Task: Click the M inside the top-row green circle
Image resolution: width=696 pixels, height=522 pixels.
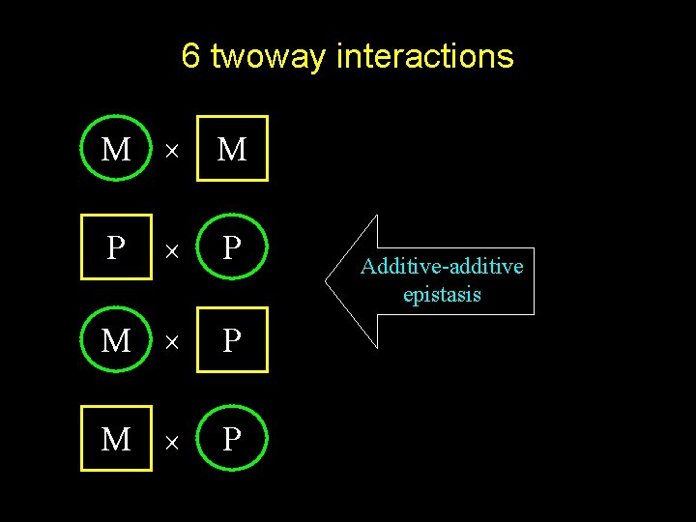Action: pos(116,149)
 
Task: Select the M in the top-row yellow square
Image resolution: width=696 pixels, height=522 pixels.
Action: pos(232,149)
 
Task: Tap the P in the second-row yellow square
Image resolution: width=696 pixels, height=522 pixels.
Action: pos(116,247)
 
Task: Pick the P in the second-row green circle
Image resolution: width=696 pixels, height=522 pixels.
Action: pos(232,247)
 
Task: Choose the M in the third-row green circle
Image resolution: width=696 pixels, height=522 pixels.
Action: pos(116,340)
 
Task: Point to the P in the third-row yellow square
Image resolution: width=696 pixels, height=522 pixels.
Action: pos(232,340)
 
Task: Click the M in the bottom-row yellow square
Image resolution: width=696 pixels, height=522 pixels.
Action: pos(116,439)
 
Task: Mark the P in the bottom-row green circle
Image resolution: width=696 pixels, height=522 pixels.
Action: pos(232,439)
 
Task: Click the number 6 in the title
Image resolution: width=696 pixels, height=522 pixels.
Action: pos(190,56)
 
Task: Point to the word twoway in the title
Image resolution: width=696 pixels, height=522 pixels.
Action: pos(268,57)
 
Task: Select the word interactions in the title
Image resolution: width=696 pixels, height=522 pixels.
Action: pos(424,56)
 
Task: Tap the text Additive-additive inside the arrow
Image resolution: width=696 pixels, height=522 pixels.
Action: pos(442,266)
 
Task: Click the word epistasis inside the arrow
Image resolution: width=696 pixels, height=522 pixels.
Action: pos(442,295)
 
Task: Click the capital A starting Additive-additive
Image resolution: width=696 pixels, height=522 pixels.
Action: pos(367,266)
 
